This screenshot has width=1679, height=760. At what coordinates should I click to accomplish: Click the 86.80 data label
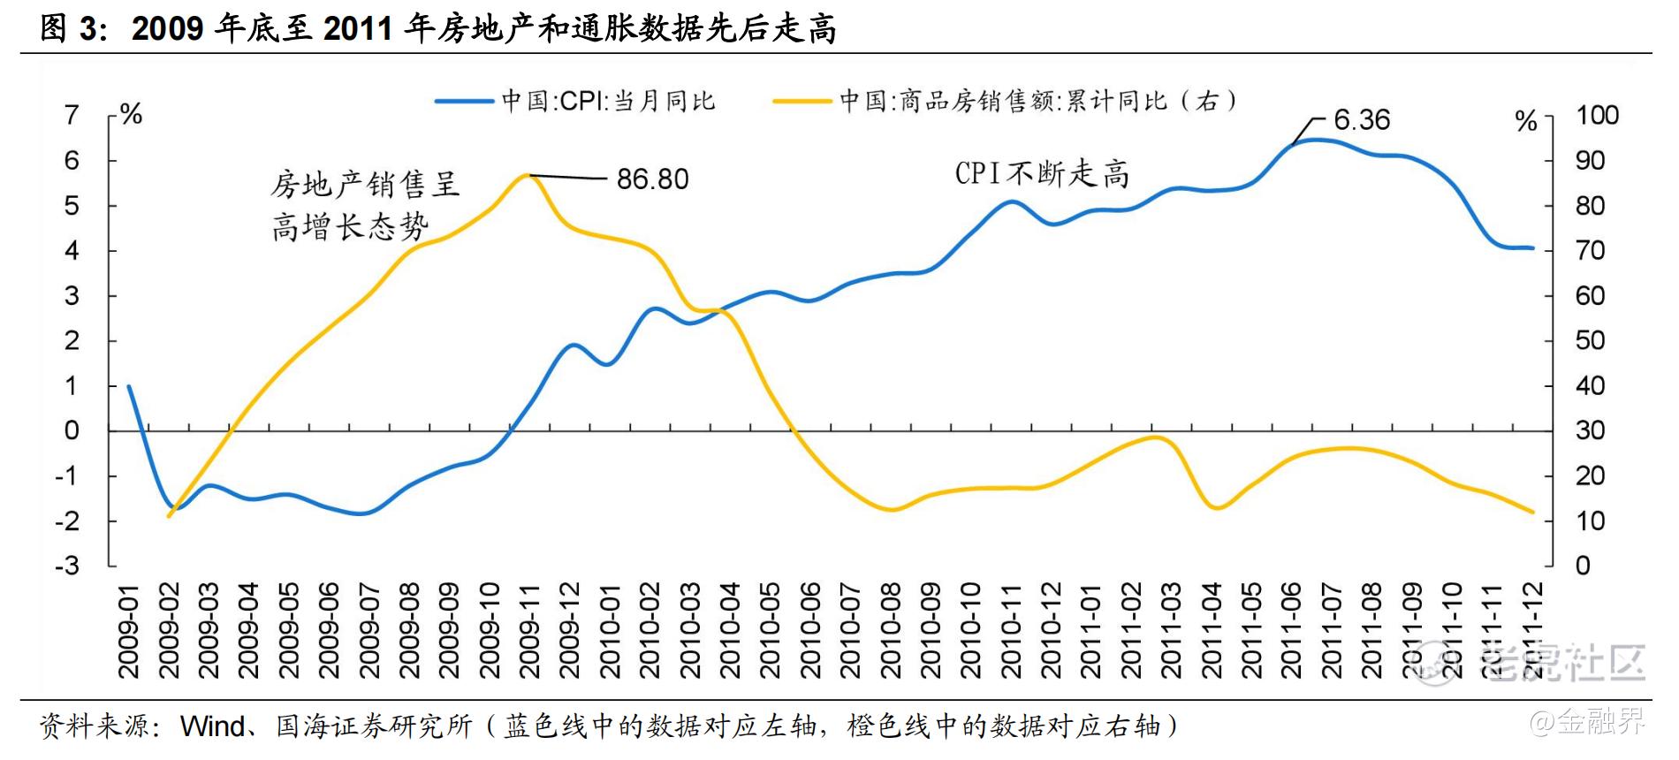click(652, 179)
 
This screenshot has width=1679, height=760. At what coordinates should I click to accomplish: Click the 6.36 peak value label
click(1361, 119)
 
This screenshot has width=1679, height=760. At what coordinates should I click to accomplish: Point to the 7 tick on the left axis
click(72, 115)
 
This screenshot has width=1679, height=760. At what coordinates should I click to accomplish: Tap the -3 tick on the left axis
click(68, 566)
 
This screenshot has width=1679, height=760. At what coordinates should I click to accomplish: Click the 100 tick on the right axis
click(1597, 115)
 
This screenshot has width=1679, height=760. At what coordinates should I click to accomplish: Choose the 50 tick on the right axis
click(1590, 340)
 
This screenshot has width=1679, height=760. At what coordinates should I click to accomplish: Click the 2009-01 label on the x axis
click(129, 629)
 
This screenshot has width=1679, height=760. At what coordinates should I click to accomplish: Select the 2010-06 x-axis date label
click(810, 629)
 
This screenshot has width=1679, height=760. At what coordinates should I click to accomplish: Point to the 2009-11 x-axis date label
click(529, 629)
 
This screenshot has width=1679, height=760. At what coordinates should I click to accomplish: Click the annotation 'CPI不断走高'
click(1042, 173)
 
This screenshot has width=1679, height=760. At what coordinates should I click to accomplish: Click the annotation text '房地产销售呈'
click(365, 185)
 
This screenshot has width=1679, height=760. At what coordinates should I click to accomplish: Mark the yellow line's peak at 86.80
click(528, 175)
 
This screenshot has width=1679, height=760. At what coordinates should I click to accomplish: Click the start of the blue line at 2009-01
click(129, 386)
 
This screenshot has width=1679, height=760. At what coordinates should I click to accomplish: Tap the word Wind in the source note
click(212, 726)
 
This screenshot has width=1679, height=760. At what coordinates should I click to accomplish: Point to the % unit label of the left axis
click(131, 115)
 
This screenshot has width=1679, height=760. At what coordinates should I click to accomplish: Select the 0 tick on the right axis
click(1583, 566)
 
